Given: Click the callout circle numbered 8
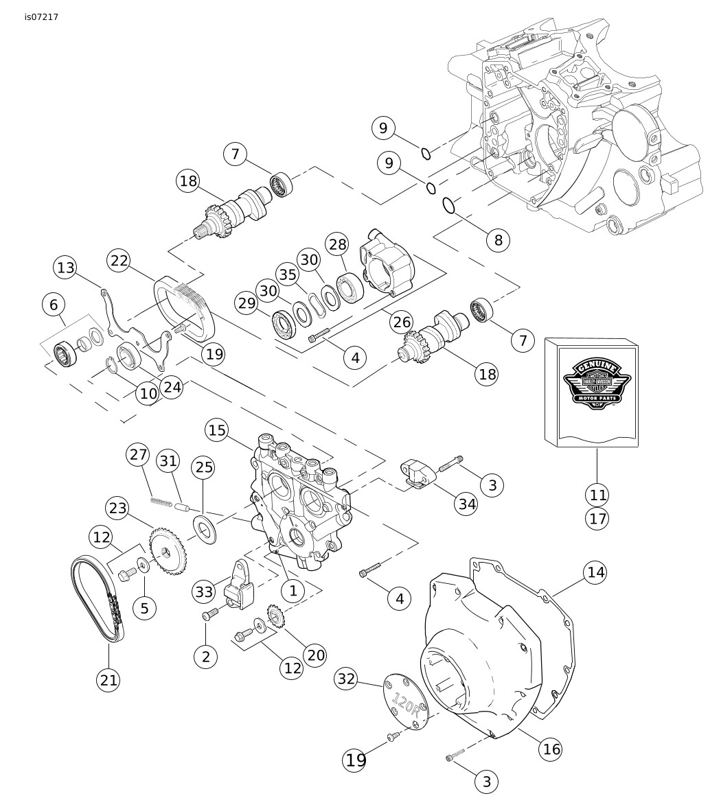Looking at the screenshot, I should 499,240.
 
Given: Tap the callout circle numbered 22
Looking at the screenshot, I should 119,261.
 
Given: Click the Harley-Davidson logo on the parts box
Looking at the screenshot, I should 592,385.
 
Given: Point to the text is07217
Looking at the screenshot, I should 41,17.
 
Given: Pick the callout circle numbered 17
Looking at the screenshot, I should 597,518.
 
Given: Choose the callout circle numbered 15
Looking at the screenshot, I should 217,430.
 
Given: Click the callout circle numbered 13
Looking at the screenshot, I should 66,268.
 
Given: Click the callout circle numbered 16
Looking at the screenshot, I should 551,749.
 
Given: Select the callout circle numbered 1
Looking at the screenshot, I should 293,589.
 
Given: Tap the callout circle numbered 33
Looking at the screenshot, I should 205,591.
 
